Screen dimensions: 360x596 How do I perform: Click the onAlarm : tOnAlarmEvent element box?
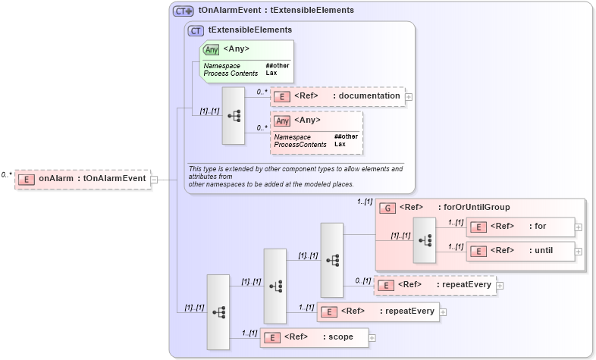(x=83, y=179)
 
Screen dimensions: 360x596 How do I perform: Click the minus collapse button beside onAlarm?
(x=154, y=180)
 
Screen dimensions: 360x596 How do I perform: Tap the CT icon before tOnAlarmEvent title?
(x=183, y=11)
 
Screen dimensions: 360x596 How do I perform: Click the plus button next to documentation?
(x=409, y=96)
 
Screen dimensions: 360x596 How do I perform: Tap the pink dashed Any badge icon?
(x=282, y=121)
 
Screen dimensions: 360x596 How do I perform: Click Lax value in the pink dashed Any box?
(x=340, y=144)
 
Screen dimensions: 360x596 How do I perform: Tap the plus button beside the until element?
(x=579, y=251)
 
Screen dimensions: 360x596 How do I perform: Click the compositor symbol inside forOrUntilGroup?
(x=424, y=239)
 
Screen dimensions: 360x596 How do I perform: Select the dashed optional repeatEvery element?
(x=436, y=285)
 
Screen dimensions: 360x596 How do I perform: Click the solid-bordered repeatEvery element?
(x=378, y=311)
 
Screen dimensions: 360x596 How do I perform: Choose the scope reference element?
(x=314, y=337)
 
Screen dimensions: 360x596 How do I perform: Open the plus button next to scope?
(x=372, y=337)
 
